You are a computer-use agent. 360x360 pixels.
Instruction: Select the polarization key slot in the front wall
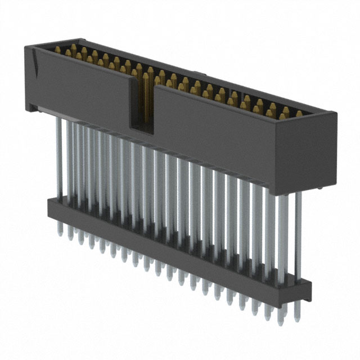pyautogui.click(x=141, y=104)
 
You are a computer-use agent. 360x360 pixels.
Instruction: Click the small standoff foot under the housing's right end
pyautogui.click(x=319, y=191)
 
